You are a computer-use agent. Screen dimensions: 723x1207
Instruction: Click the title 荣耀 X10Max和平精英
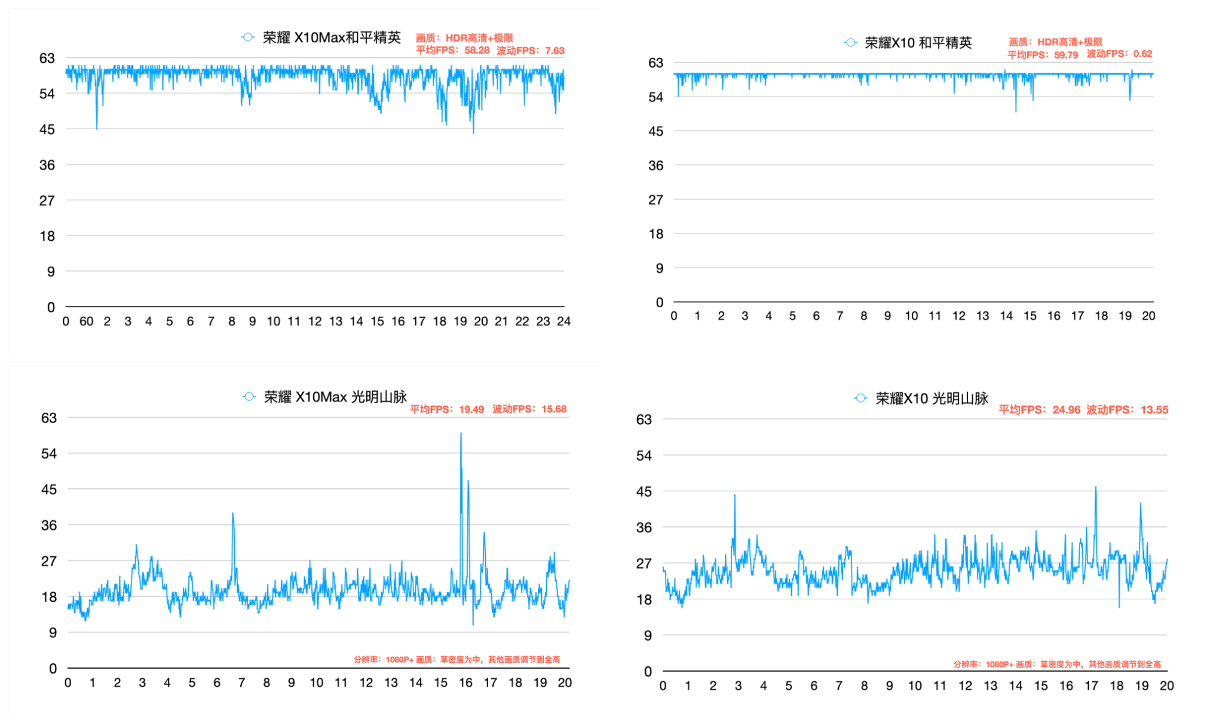[x=331, y=37]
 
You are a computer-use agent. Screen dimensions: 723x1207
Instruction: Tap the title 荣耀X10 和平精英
[x=918, y=43]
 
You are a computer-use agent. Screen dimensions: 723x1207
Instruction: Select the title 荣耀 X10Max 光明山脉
[x=336, y=397]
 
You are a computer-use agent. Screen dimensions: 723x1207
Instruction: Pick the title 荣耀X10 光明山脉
[x=932, y=398]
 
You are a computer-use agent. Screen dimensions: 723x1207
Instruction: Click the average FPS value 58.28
[x=477, y=51]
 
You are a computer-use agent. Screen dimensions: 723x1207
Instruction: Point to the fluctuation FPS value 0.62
[x=1142, y=54]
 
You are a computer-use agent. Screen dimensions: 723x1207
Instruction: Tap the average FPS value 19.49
[x=471, y=409]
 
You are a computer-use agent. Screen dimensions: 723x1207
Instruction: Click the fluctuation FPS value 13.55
[x=1154, y=410]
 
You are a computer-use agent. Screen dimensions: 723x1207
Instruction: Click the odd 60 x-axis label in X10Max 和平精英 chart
[x=86, y=322]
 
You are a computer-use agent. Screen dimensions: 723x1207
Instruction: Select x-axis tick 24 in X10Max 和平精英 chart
[x=564, y=322]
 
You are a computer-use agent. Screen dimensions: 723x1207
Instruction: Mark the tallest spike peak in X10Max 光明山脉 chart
[x=461, y=433]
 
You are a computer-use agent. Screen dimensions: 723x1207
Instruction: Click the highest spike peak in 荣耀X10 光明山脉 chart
[x=1095, y=488]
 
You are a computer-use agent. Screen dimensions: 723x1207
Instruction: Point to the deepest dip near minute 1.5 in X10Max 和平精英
[x=97, y=129]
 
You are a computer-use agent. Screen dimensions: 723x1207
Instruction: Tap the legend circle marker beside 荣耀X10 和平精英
[x=850, y=42]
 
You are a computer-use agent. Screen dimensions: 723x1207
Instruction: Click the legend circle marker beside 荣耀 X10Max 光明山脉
[x=249, y=397]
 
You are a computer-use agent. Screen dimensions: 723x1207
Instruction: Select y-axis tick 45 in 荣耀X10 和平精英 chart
[x=655, y=131]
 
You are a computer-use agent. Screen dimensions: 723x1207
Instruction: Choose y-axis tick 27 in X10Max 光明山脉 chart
[x=49, y=561]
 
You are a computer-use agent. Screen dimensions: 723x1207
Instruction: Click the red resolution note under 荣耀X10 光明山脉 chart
[x=1057, y=664]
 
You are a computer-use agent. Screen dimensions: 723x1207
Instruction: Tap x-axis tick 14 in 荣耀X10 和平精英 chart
[x=1006, y=316]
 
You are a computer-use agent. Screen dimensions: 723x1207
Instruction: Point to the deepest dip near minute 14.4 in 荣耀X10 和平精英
[x=1016, y=111]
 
